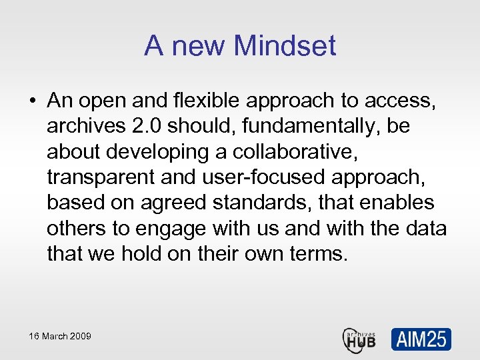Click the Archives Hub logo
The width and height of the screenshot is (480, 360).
pyautogui.click(x=360, y=339)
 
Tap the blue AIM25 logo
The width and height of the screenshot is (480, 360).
pyautogui.click(x=421, y=339)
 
